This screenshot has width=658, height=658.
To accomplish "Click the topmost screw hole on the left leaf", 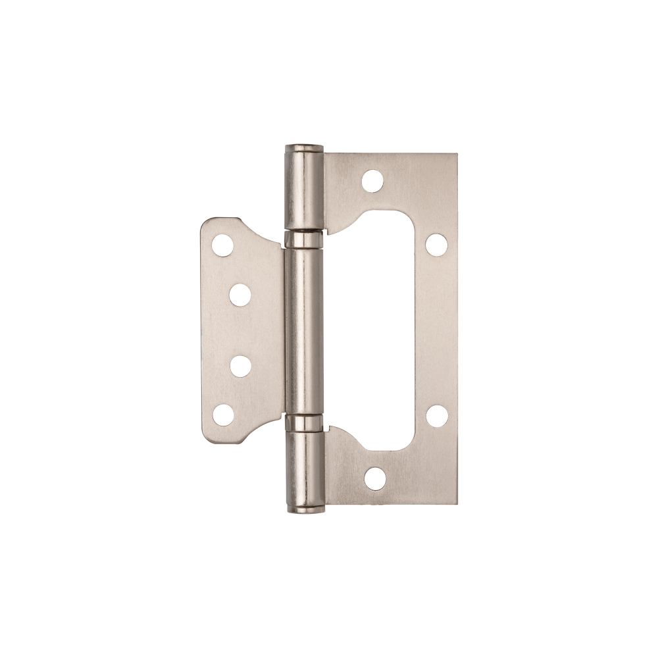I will (x=222, y=245).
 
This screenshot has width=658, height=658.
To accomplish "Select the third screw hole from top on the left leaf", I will (x=241, y=367).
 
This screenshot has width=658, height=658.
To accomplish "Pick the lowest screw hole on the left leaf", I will (x=223, y=415).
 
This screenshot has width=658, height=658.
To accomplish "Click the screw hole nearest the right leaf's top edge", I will (x=373, y=180).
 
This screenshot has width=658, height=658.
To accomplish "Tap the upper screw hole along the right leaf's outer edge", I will (x=436, y=244).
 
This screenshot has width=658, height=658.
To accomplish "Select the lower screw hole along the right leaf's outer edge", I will (x=436, y=415).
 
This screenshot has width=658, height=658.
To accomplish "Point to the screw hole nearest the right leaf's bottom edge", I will (x=375, y=479).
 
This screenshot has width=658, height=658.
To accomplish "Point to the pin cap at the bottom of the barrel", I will (x=304, y=509).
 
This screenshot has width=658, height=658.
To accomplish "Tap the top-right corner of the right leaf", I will (x=456, y=155).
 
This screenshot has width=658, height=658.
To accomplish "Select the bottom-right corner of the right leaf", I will (x=456, y=503).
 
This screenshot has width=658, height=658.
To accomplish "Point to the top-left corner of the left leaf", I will (x=204, y=220).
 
